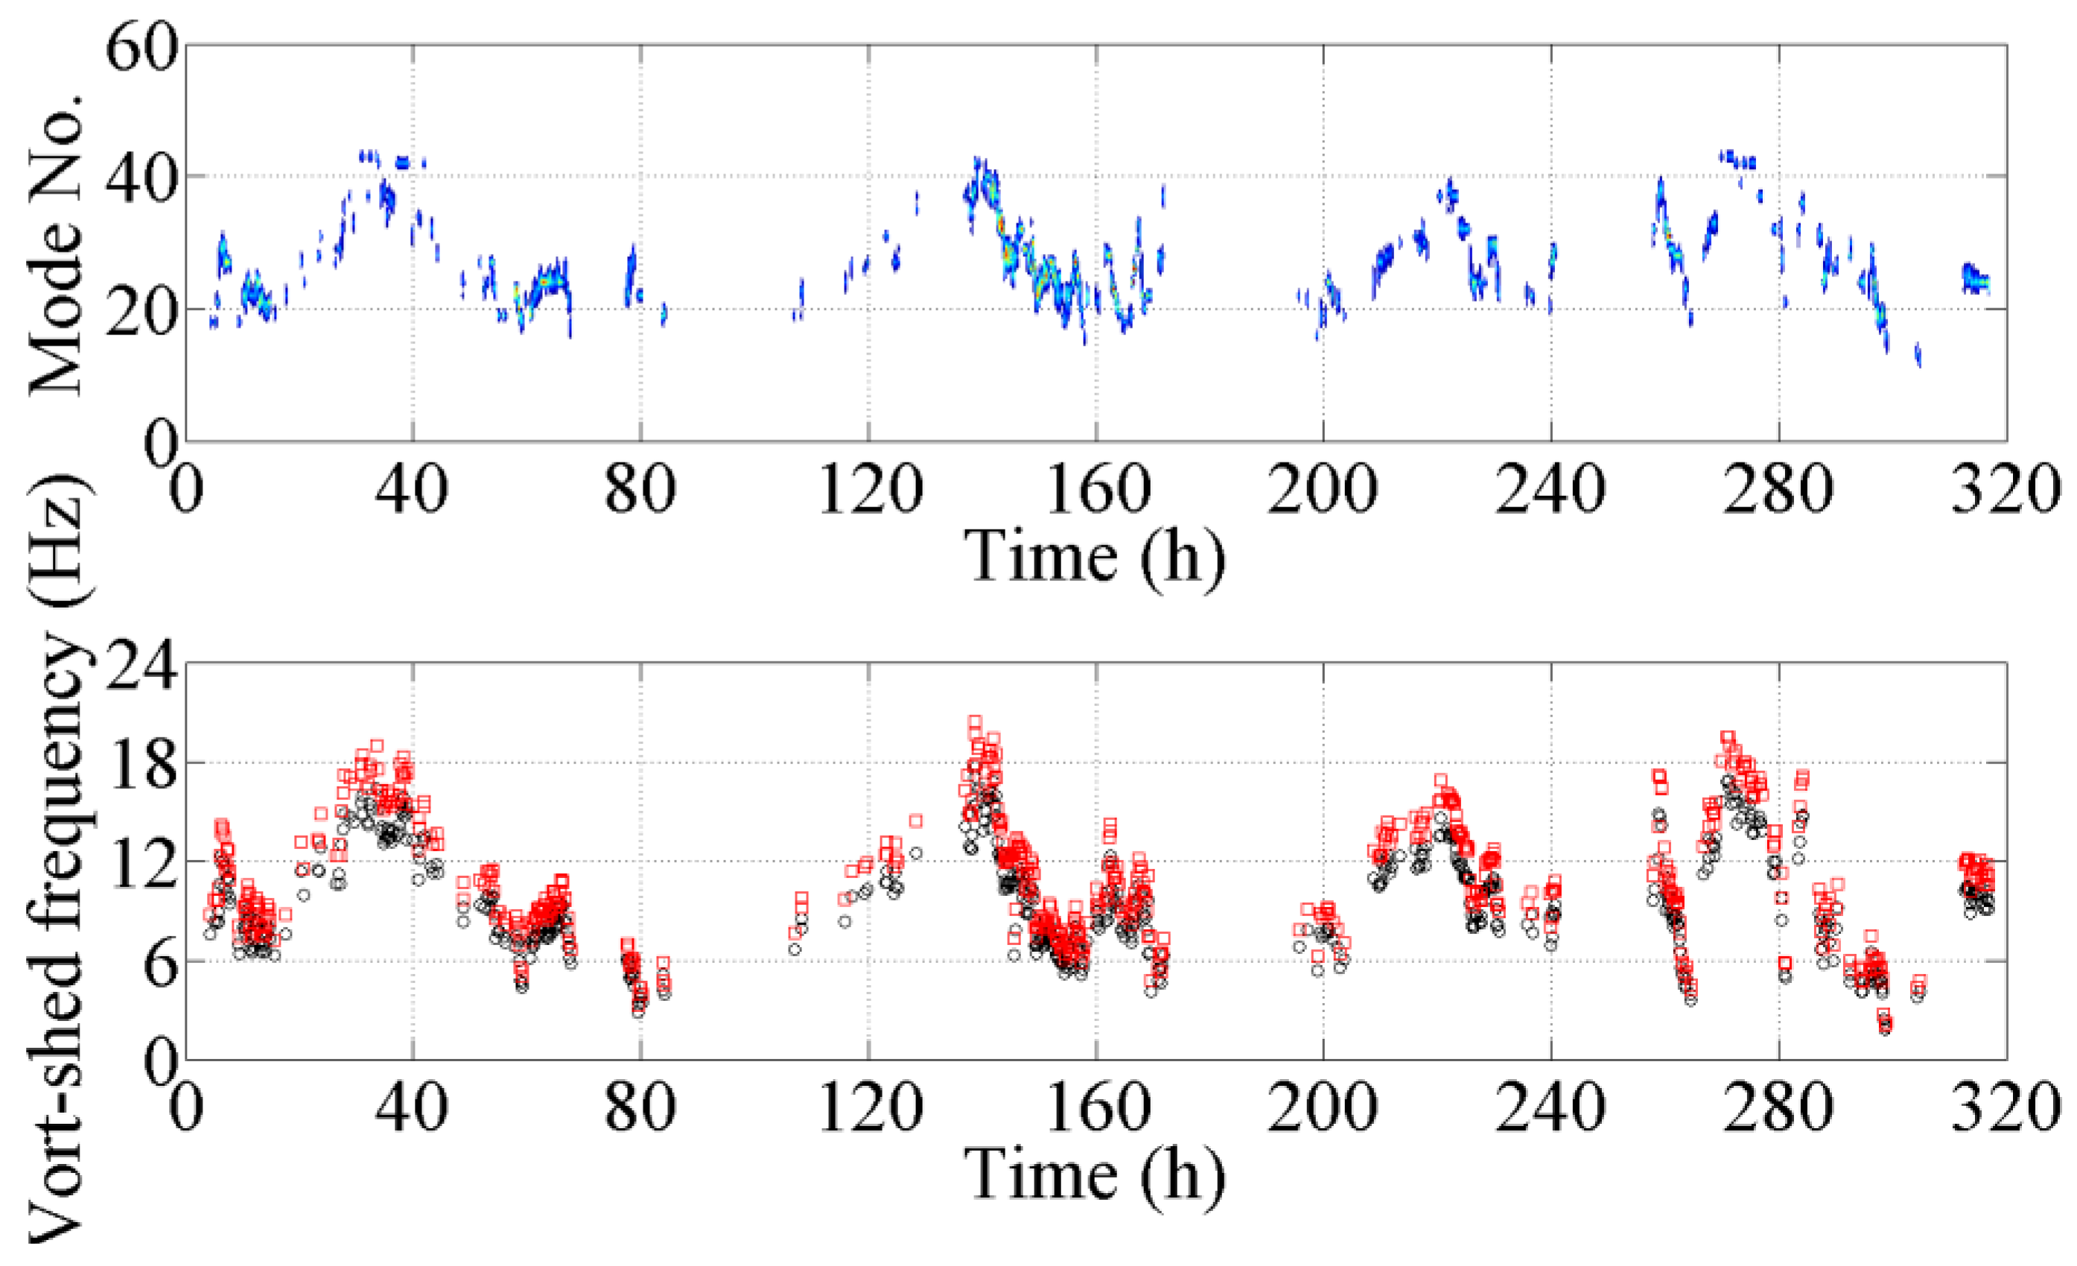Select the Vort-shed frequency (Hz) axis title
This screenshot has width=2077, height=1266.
coord(57,859)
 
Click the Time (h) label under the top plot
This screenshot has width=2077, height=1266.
coord(1094,556)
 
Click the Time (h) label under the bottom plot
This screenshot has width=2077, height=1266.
coord(1094,1175)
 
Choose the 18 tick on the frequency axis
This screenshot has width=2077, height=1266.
coord(141,763)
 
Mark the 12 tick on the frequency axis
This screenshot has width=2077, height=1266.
coord(141,862)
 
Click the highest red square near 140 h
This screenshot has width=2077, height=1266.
coord(974,722)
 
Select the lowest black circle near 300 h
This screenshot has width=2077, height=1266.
coord(1886,1029)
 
